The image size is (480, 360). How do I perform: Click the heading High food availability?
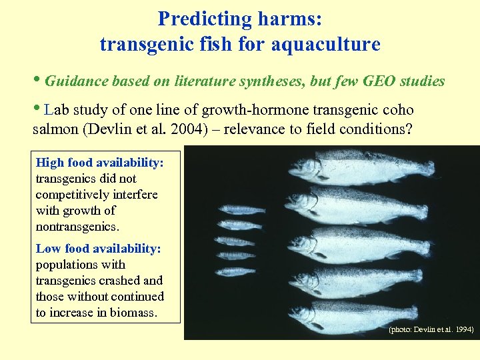click(99, 163)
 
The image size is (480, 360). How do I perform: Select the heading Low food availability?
click(98, 249)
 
